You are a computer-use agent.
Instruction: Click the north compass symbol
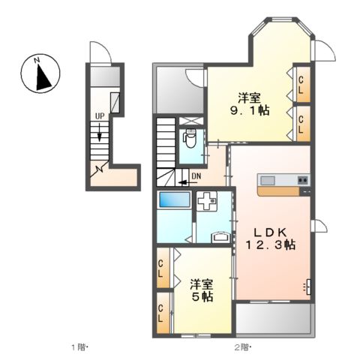[40, 73]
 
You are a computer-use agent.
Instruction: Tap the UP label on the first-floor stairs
[100, 116]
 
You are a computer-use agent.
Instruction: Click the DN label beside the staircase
[196, 176]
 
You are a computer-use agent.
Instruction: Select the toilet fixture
[190, 139]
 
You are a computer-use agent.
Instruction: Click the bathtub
[174, 199]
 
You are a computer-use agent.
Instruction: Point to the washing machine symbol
[207, 200]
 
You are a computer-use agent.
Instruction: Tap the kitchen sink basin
[268, 180]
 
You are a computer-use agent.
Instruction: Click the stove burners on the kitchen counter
[302, 179]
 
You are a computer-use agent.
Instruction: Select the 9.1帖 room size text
[250, 110]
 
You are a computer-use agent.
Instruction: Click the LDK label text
[270, 232]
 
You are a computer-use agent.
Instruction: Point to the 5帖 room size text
[202, 297]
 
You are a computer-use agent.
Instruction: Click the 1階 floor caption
[79, 347]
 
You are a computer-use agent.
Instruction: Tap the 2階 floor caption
[242, 347]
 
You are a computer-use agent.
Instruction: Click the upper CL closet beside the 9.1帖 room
[301, 85]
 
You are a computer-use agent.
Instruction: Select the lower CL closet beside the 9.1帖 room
[301, 124]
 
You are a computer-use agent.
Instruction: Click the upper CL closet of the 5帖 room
[163, 268]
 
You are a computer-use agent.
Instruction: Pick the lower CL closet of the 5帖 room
[163, 313]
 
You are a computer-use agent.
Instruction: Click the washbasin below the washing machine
[220, 237]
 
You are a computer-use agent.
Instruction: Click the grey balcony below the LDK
[274, 319]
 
